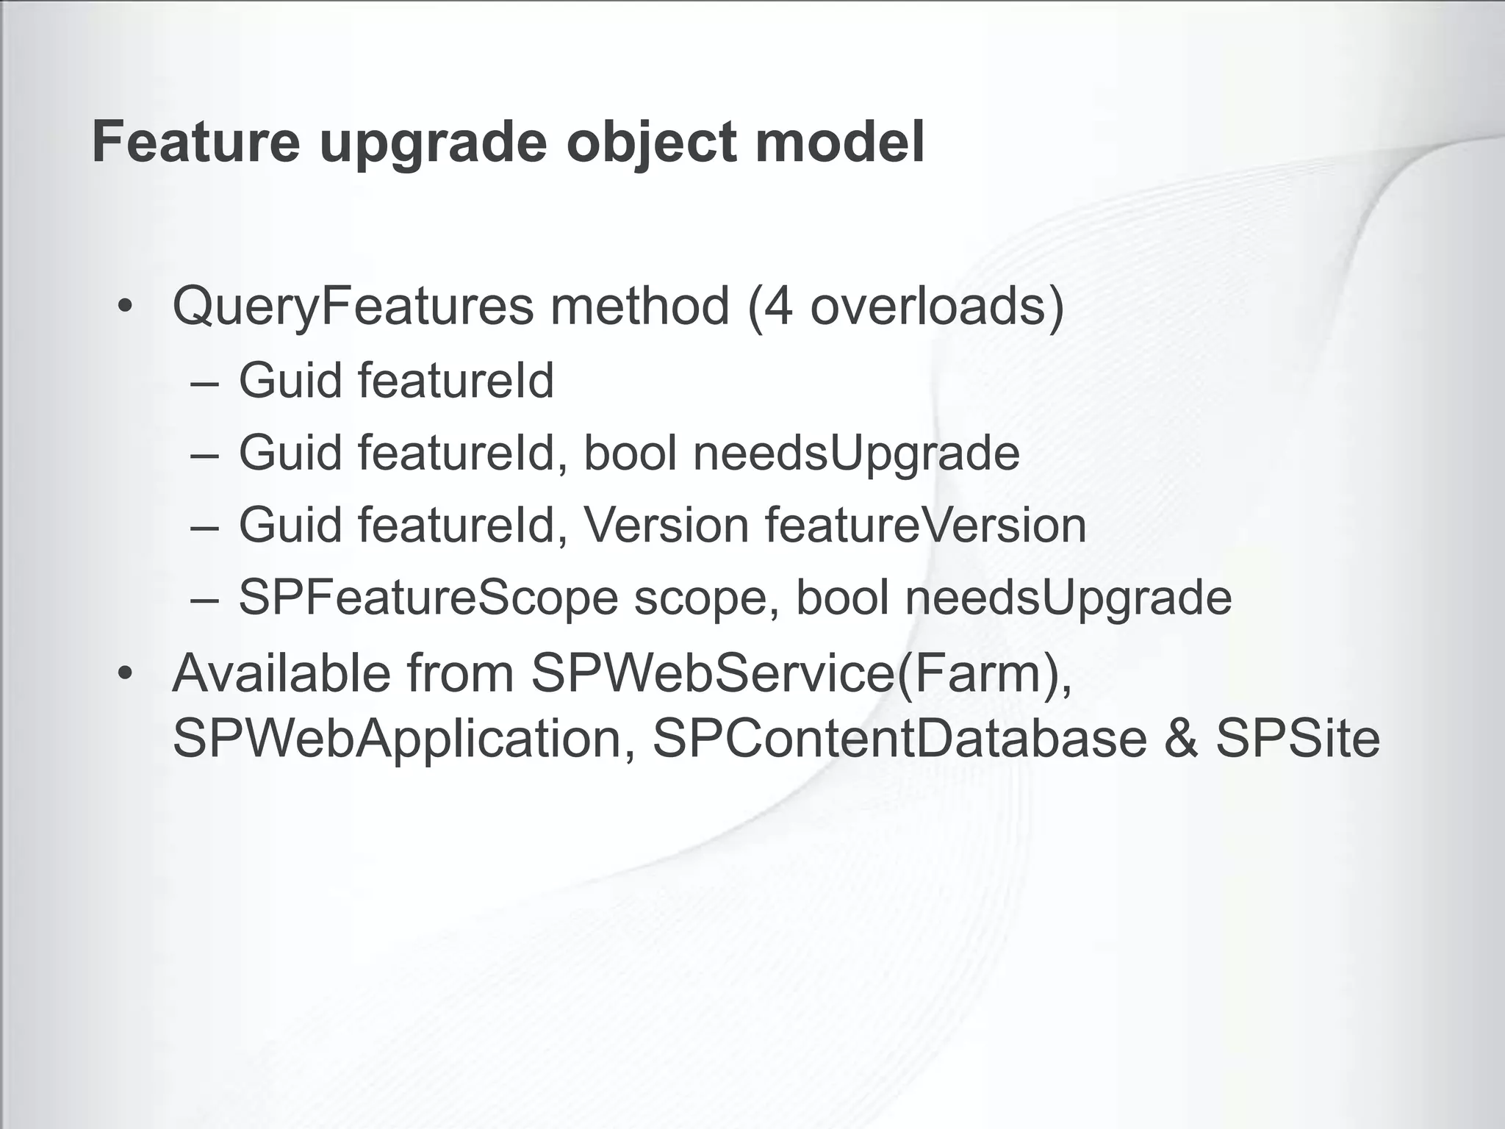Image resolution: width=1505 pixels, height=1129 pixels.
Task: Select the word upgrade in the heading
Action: [434, 143]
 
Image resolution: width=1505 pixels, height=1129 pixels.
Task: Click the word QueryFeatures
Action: [353, 307]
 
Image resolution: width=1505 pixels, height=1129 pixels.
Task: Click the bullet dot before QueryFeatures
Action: [126, 307]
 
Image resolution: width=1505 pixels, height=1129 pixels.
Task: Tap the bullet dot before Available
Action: [126, 673]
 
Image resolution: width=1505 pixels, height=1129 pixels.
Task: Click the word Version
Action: [666, 526]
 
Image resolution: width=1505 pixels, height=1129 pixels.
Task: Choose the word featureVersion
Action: [925, 526]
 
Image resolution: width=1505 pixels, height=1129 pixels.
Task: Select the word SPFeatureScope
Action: [428, 598]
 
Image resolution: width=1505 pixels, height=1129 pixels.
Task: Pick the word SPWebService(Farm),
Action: [801, 673]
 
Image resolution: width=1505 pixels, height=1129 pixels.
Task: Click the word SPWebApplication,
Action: [403, 739]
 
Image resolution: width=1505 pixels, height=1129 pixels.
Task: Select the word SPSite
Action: [1298, 739]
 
